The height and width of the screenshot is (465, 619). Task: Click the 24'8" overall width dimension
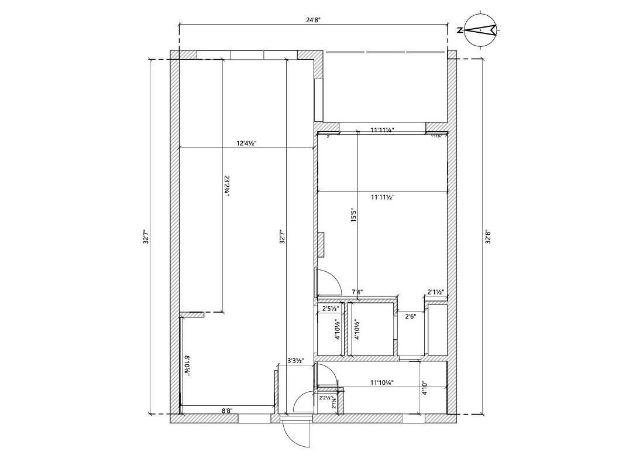[x=314, y=20]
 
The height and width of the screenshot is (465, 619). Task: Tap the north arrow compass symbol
[x=479, y=30]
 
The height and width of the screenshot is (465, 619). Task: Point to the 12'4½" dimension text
[x=247, y=143]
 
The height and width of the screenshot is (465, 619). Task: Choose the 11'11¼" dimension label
[x=382, y=130]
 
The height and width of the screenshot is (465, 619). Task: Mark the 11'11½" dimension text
[x=382, y=198]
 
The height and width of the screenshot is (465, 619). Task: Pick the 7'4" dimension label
[x=357, y=292]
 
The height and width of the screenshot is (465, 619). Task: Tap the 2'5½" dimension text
[x=331, y=307]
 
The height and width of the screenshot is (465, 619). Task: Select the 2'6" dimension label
[x=411, y=316]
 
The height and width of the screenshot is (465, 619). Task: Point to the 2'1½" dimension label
[x=436, y=292]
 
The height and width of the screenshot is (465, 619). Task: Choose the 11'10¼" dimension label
[x=381, y=383]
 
